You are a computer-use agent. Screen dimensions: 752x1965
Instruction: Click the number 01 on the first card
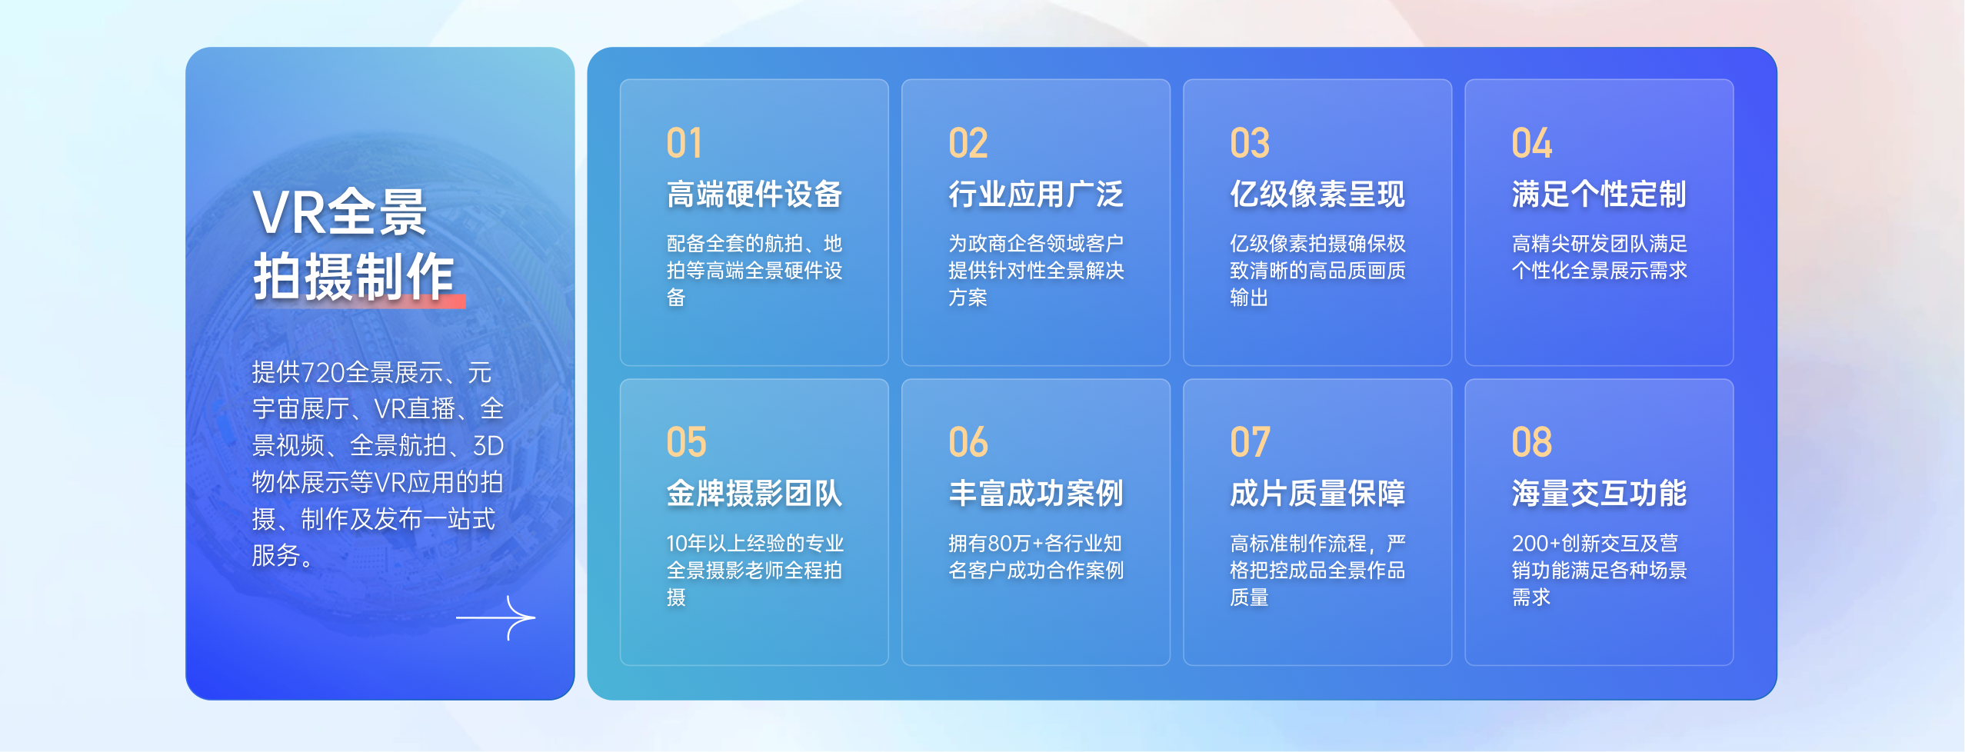pyautogui.click(x=684, y=144)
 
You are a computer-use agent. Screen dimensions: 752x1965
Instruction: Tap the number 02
pyautogui.click(x=968, y=144)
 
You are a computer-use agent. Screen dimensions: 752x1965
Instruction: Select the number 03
pyautogui.click(x=1249, y=144)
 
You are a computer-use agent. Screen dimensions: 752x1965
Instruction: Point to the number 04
pyautogui.click(x=1531, y=144)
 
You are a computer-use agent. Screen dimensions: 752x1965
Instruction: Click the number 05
pyautogui.click(x=686, y=443)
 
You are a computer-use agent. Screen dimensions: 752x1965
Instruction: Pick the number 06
pyautogui.click(x=968, y=443)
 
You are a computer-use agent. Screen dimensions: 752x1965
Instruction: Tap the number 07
pyautogui.click(x=1250, y=443)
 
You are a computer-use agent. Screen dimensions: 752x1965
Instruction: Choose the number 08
pyautogui.click(x=1531, y=443)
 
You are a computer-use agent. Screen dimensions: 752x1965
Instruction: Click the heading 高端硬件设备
pyautogui.click(x=754, y=195)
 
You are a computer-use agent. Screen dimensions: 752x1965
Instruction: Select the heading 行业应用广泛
pyautogui.click(x=1035, y=195)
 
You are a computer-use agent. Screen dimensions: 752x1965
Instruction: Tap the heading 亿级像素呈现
pyautogui.click(x=1317, y=195)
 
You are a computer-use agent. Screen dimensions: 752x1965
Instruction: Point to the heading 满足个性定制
pyautogui.click(x=1598, y=195)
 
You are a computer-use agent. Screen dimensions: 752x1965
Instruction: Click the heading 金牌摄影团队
pyautogui.click(x=754, y=494)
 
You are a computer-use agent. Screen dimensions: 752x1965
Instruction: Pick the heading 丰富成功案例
pyautogui.click(x=1035, y=494)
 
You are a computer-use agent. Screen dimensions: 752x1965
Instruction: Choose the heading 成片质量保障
pyautogui.click(x=1317, y=494)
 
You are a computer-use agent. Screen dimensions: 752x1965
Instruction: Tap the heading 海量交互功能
pyautogui.click(x=1598, y=494)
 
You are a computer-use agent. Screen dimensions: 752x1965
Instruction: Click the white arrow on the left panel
pyautogui.click(x=496, y=617)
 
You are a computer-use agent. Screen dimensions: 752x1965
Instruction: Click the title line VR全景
pyautogui.click(x=339, y=213)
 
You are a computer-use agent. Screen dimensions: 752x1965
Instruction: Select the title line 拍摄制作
pyautogui.click(x=354, y=277)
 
